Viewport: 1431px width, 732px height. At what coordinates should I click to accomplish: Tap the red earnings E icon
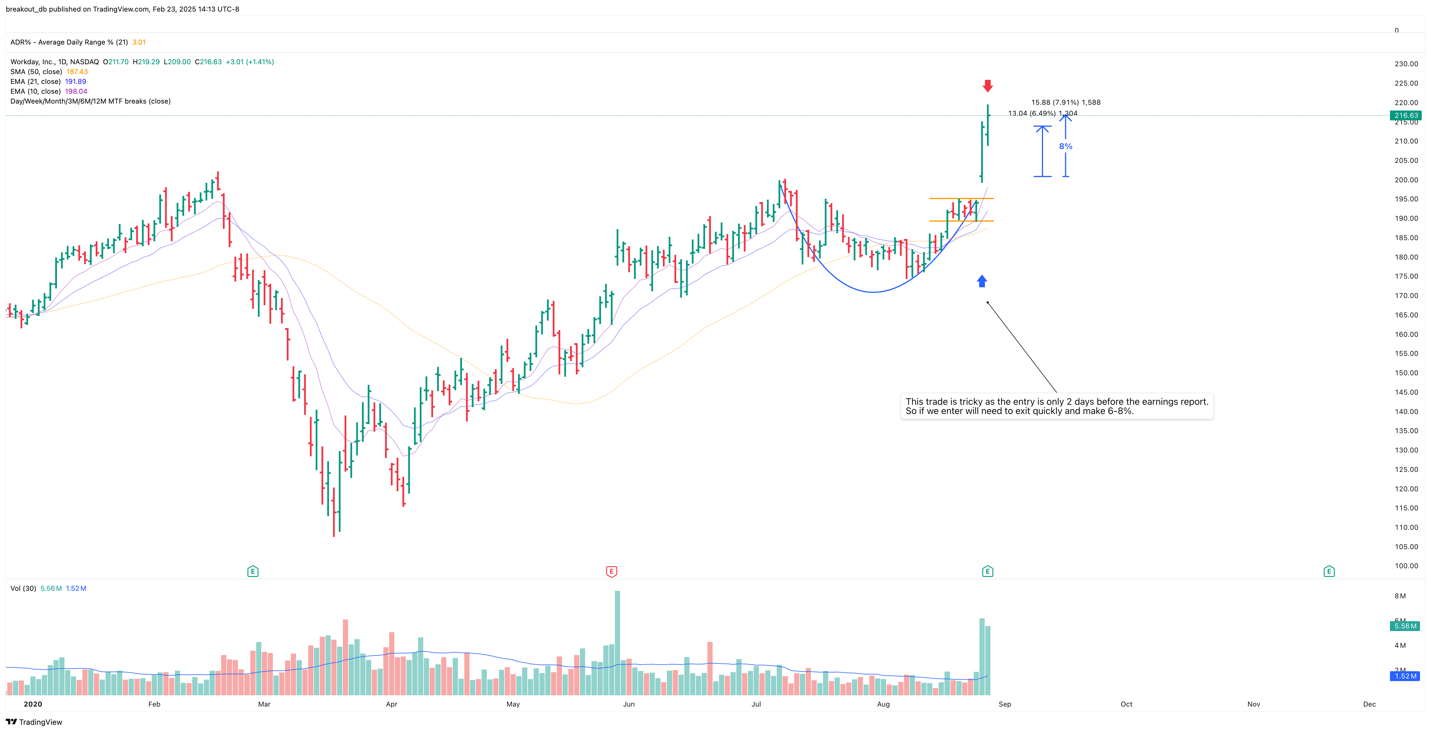[611, 571]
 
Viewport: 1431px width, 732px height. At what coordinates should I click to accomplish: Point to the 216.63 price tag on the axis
[1406, 116]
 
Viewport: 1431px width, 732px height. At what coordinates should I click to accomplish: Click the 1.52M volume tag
[1406, 676]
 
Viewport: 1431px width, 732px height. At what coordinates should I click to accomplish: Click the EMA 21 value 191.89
[75, 82]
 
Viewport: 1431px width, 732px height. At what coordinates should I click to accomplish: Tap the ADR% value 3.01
[139, 42]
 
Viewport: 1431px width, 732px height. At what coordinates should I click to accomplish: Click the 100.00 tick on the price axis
[1406, 566]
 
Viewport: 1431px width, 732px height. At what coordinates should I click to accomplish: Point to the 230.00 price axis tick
[1406, 64]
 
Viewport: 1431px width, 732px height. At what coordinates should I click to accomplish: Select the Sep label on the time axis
[1004, 704]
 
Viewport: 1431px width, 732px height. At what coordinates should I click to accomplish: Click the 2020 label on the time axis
[33, 704]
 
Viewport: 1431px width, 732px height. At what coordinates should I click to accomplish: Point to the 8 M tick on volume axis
[1400, 596]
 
